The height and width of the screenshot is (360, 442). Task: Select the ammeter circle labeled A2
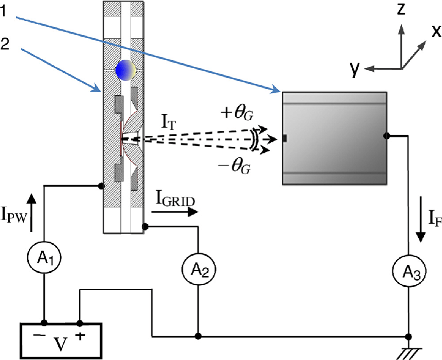[197, 267]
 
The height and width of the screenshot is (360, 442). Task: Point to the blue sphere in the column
[124, 71]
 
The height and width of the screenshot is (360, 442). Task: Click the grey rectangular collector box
[334, 137]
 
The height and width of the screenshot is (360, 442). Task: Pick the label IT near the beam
[169, 122]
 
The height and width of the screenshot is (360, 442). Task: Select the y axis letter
[354, 69]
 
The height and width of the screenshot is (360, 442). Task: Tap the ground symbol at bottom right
[408, 352]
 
